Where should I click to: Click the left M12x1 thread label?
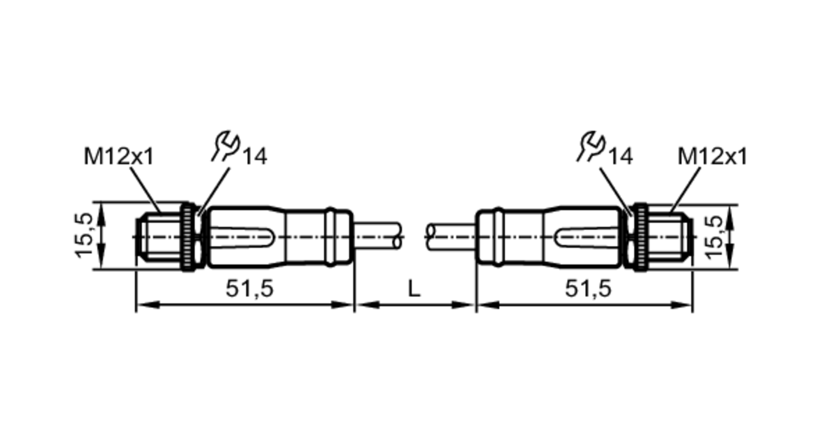coord(118,157)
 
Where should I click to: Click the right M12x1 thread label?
coord(712,157)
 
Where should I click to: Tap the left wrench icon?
coord(226,146)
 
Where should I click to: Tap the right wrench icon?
coord(591,146)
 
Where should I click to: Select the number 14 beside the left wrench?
coord(255,157)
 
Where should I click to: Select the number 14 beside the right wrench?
coord(621,157)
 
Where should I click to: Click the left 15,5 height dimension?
coord(83,236)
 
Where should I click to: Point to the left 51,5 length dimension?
coord(249,289)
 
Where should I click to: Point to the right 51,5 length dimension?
coord(588,289)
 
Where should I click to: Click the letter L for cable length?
coord(414,289)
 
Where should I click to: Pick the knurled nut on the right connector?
coord(640,237)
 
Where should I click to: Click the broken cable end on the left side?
coord(398,236)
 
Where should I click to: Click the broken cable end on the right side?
coord(430,236)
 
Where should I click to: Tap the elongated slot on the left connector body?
coord(242,237)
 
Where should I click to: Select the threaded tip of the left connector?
coord(158,237)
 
